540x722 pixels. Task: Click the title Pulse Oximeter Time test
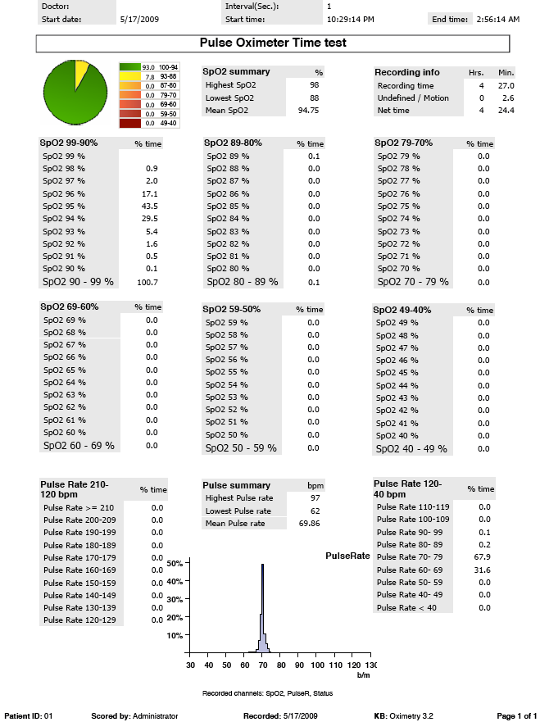click(273, 43)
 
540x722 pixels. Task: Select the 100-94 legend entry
click(168, 66)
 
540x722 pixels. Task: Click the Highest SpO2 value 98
click(314, 85)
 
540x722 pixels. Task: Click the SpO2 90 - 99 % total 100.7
click(148, 282)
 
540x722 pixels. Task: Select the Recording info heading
click(408, 72)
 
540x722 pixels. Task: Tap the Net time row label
click(395, 110)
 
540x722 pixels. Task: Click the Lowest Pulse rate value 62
click(314, 511)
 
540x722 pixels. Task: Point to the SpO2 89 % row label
click(228, 156)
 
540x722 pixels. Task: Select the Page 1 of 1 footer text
click(515, 715)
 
